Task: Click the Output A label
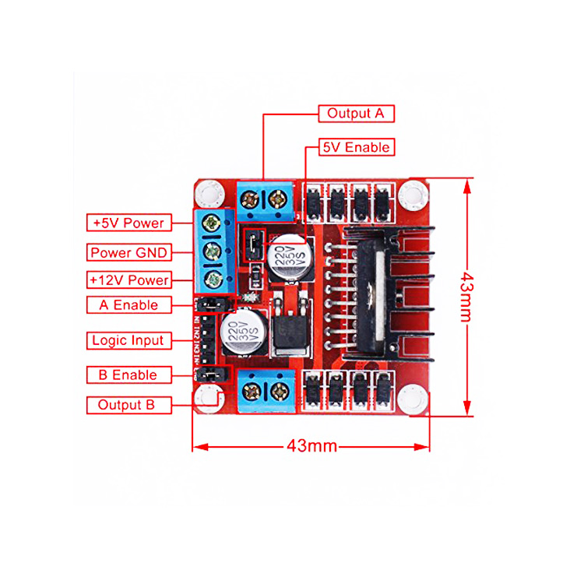click(356, 113)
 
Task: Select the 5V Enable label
click(357, 147)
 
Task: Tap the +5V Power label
click(128, 223)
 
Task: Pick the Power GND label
click(128, 252)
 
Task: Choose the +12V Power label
click(128, 280)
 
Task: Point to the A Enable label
click(128, 305)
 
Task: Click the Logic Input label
click(128, 340)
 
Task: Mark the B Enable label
click(128, 375)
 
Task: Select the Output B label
click(126, 405)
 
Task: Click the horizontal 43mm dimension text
click(311, 446)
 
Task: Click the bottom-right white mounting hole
click(412, 400)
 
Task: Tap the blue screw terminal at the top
click(264, 201)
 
